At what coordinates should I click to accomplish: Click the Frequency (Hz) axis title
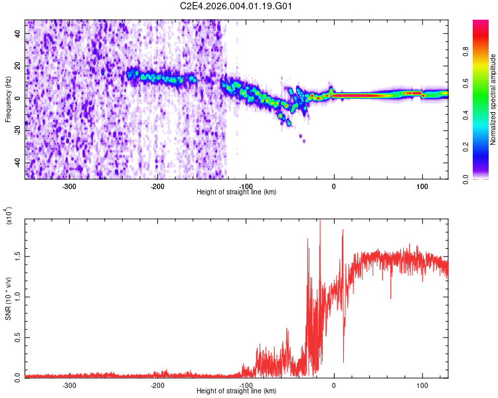[x=8, y=99]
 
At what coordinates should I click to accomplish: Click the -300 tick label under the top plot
[x=69, y=186]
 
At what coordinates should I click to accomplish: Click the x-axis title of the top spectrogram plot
[x=236, y=192]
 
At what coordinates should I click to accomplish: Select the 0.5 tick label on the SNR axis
[x=18, y=337]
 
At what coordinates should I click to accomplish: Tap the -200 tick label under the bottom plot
[x=157, y=385]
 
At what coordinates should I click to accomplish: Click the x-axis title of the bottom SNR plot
[x=236, y=391]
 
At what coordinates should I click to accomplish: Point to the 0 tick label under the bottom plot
[x=334, y=385]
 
